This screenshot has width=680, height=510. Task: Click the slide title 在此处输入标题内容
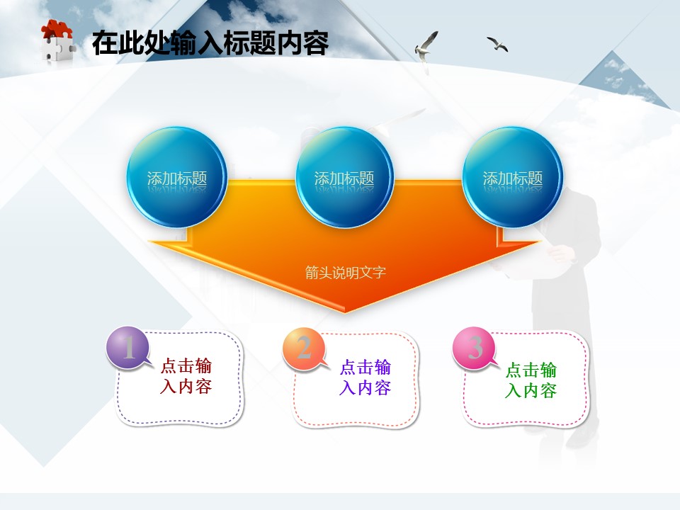point(210,43)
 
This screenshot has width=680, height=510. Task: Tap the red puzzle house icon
point(57,41)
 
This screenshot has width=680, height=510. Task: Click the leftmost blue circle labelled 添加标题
point(177,177)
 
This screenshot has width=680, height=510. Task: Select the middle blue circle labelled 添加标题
point(344,177)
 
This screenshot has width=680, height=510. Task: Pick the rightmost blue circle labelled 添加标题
point(513,177)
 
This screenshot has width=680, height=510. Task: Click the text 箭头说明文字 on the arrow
point(345,273)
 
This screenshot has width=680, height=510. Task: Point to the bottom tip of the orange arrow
point(345,312)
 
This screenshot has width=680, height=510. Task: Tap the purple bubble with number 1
point(128,347)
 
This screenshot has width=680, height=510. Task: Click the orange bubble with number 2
point(305,349)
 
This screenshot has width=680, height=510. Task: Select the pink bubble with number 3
point(475,348)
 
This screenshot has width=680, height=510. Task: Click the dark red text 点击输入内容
point(186,376)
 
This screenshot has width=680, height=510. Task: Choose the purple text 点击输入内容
point(365,378)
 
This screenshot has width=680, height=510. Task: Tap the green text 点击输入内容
point(531,380)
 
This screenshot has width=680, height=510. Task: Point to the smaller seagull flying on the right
point(497,44)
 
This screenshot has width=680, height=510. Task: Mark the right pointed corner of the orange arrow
point(540,241)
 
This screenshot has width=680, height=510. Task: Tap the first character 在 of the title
point(105,43)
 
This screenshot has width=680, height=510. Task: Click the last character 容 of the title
point(316,43)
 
